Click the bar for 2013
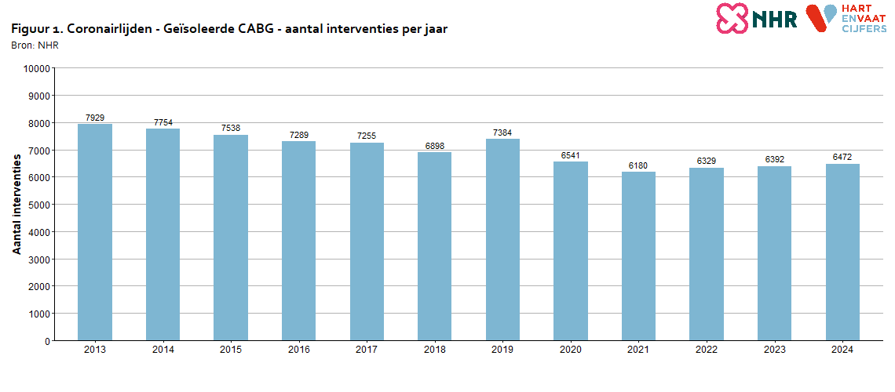click(95, 232)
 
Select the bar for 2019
click(502, 239)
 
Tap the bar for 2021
click(638, 256)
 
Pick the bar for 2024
click(842, 252)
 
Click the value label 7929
click(95, 118)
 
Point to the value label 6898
click(435, 147)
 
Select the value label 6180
click(638, 165)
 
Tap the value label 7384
click(502, 133)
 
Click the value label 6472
click(842, 158)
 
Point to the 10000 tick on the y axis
click(37, 69)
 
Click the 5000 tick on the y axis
click(39, 205)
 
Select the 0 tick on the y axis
click(47, 341)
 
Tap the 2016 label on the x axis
click(299, 350)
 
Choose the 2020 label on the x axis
click(571, 350)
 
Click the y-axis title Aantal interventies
click(17, 205)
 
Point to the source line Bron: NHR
click(35, 45)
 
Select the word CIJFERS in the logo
click(864, 28)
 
